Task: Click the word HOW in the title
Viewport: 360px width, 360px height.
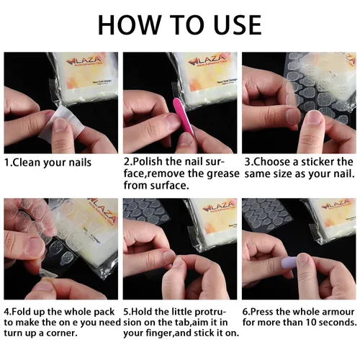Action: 130,25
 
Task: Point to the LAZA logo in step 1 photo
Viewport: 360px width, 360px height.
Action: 82,61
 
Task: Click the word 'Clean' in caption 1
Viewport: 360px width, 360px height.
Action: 27,163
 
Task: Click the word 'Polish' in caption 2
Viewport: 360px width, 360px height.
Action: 148,161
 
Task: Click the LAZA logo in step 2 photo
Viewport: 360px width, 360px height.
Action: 207,60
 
